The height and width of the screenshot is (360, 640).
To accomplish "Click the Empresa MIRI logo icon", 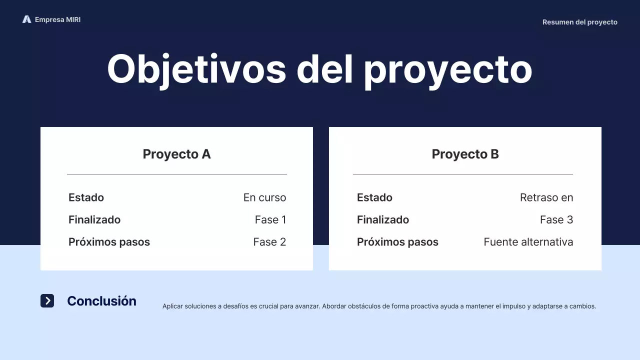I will [x=26, y=19].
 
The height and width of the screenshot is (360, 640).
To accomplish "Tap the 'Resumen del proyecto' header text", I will [x=579, y=22].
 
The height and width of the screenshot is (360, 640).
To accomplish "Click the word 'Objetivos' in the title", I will [x=196, y=69].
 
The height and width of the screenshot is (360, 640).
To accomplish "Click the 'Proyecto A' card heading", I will [x=176, y=154].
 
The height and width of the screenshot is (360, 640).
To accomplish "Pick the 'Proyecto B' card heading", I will [x=465, y=154].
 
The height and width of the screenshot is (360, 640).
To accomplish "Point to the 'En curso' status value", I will [x=264, y=197].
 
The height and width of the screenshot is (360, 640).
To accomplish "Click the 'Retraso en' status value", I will [x=546, y=197].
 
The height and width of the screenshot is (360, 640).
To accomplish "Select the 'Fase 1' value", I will [x=270, y=219].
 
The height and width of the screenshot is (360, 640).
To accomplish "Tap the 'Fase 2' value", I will [x=269, y=242].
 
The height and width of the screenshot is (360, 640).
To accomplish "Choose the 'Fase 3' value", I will [x=556, y=219].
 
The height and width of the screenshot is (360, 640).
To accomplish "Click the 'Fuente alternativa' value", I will [x=528, y=242].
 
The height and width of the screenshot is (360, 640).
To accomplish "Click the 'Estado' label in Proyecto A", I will [x=86, y=197].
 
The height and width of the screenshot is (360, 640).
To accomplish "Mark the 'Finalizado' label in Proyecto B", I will [x=382, y=219].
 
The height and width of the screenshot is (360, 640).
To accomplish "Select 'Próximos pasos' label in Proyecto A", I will [x=109, y=242].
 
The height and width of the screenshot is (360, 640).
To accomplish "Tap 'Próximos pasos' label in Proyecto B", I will [x=397, y=242].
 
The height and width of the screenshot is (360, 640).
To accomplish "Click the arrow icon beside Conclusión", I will [x=47, y=300].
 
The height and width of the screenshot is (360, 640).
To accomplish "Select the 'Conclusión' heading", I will [x=101, y=301].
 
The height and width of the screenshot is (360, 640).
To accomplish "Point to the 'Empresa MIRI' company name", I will [x=57, y=19].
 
